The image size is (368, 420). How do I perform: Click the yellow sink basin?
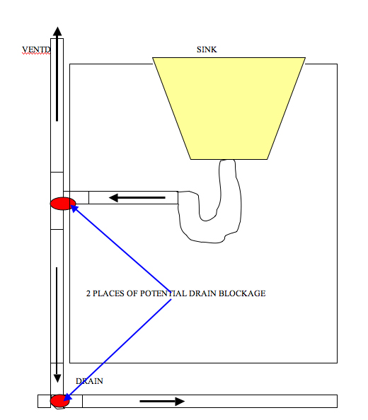(229, 108)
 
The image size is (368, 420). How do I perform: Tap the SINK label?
(207, 49)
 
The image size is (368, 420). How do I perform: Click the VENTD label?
(36, 49)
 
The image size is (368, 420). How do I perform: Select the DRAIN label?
(89, 381)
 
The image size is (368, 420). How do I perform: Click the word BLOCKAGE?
(242, 293)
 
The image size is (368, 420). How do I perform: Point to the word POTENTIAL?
(163, 293)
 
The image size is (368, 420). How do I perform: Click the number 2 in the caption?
(88, 293)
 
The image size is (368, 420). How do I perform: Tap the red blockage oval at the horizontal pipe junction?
(63, 204)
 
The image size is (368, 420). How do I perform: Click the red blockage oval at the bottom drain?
(59, 401)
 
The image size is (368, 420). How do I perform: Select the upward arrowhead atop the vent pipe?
(57, 31)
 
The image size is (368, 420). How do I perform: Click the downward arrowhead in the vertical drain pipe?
(57, 378)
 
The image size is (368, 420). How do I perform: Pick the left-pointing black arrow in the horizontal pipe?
(137, 198)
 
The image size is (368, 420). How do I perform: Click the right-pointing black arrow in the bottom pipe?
(162, 401)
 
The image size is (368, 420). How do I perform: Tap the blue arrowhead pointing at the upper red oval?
(74, 208)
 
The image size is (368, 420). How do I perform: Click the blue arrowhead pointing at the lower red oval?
(67, 397)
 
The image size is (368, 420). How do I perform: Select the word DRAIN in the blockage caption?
(202, 293)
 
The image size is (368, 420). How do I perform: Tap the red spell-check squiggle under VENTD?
(36, 54)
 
